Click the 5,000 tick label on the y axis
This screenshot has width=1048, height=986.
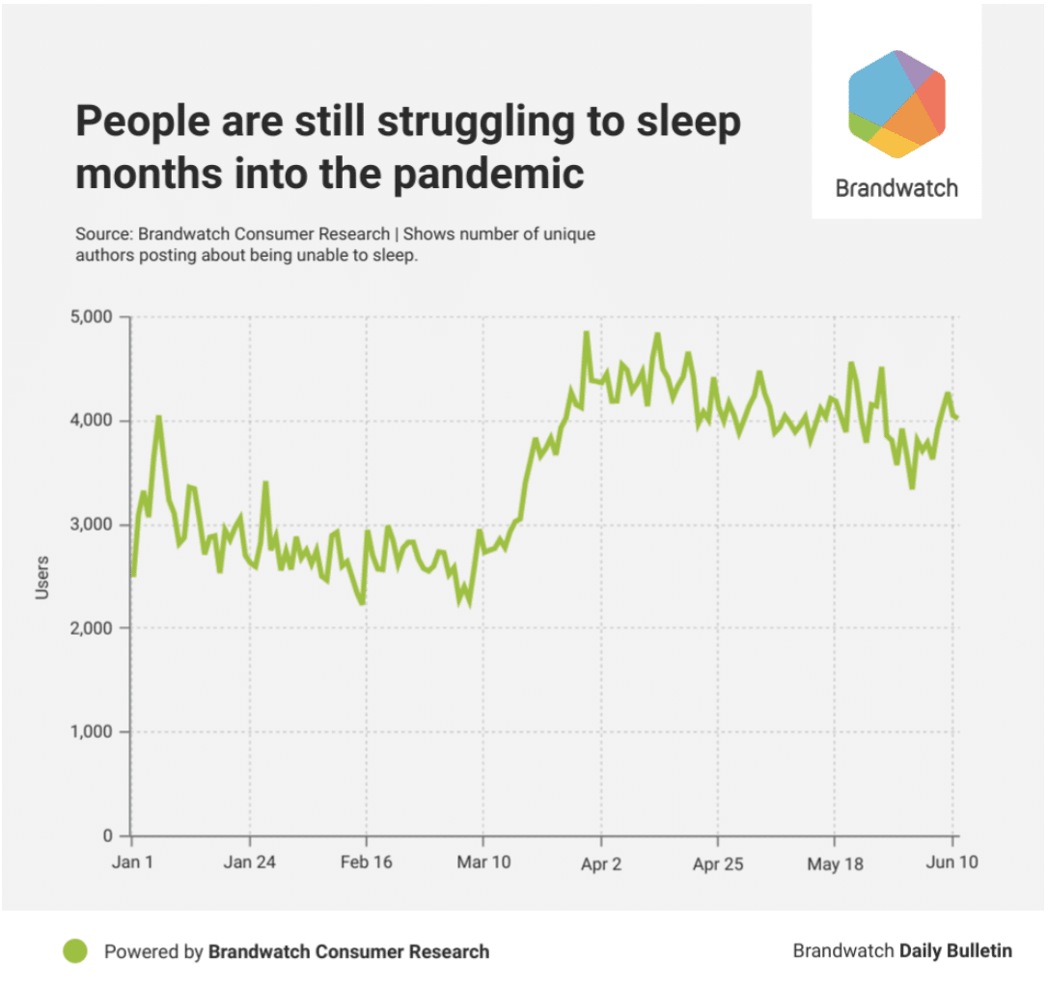91,316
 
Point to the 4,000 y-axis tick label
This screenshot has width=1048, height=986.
91,421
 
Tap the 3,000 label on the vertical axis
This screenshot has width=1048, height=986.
91,525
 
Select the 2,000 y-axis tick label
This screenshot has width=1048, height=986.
91,628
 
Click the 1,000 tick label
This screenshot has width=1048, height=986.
91,732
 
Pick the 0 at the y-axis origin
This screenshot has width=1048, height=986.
108,835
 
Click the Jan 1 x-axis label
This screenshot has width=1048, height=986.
131,863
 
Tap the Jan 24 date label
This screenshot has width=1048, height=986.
249,863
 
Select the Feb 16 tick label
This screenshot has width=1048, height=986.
367,863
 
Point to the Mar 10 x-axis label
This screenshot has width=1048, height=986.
483,863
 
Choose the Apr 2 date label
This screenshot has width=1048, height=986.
601,863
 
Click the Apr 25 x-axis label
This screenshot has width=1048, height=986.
718,863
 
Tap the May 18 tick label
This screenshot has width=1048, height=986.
836,863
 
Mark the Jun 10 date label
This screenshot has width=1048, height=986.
952,863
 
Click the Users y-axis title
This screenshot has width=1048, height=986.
42,577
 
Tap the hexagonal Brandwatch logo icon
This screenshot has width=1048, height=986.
896,104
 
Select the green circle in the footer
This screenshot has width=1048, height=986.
75,951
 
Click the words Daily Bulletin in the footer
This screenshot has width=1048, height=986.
956,951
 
